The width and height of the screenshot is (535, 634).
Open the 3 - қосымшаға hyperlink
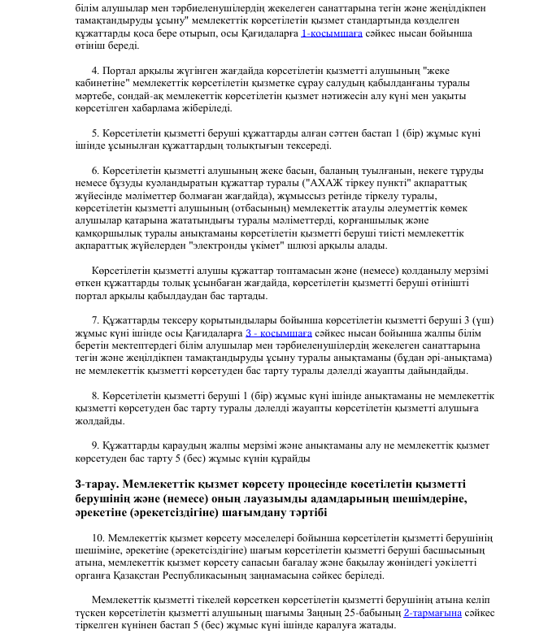point(278,333)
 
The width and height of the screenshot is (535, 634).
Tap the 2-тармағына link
point(433,612)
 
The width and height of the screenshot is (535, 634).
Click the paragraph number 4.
point(94,71)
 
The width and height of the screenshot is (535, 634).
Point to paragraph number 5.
point(94,133)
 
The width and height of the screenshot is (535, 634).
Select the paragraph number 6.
point(94,171)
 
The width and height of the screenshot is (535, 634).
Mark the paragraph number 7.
point(94,320)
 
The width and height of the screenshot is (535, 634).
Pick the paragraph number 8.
point(94,395)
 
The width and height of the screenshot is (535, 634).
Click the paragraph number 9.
point(94,445)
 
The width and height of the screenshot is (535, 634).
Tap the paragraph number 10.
point(98,539)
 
